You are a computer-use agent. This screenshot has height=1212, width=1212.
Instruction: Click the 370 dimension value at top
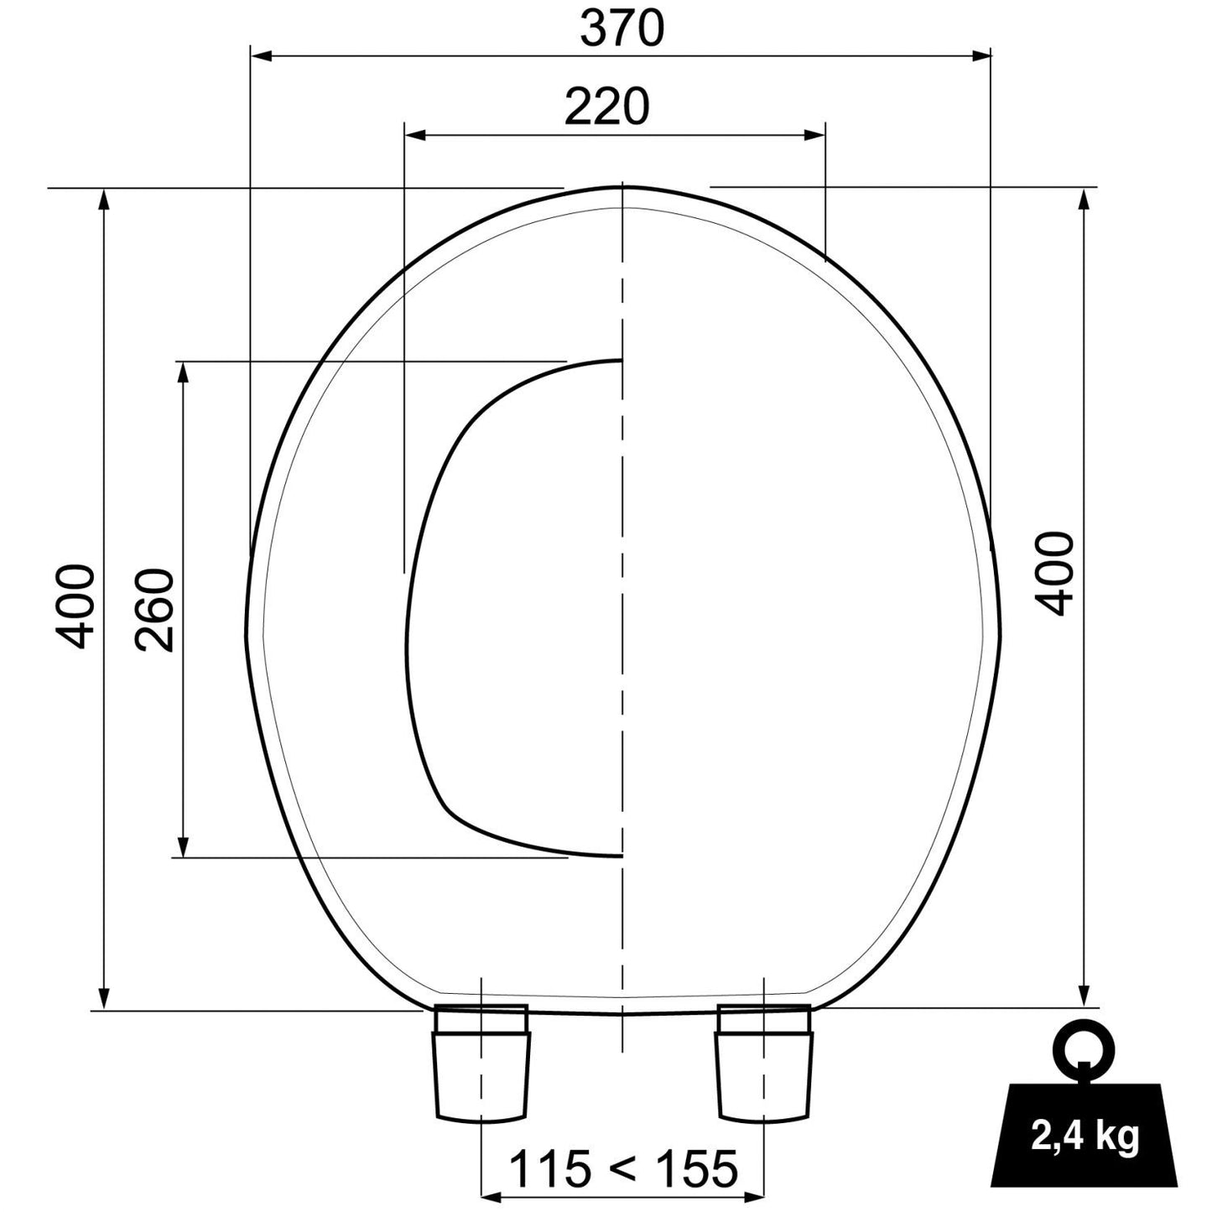tap(622, 29)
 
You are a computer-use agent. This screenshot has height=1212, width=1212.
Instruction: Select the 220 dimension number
tap(606, 107)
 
